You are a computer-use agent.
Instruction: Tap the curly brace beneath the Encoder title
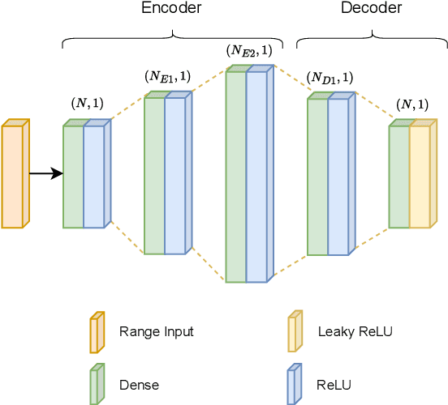coord(173,36)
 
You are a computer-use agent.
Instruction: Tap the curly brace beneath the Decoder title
coord(372,36)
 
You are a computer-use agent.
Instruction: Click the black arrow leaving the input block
coord(46,173)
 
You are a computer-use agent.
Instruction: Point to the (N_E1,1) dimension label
coord(168,77)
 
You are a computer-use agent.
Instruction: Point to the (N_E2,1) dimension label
coord(249,50)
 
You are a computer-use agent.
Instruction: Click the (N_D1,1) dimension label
coord(330,79)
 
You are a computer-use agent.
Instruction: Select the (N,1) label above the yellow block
coord(414,104)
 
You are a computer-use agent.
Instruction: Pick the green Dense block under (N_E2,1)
coord(235,177)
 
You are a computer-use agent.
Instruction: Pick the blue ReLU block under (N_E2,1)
coord(256,177)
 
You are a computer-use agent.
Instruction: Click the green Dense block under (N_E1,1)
coord(153,177)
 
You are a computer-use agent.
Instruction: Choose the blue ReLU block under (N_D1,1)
coord(338,177)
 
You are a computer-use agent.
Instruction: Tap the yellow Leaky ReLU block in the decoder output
coord(419,177)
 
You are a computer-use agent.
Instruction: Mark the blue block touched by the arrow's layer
coord(93,177)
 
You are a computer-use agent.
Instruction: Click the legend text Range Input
coord(157,331)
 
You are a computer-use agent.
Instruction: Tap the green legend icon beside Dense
coord(97,384)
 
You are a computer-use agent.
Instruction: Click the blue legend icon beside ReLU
coord(295,384)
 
